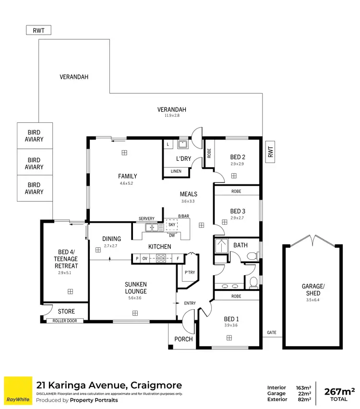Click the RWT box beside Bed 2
click(270, 152)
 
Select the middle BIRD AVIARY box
click(34, 164)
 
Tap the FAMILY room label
click(128, 176)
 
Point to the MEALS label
click(189, 194)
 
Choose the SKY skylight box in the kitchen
click(172, 225)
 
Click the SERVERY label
click(146, 219)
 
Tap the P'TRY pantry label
click(189, 273)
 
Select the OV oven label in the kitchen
click(144, 259)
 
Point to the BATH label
click(240, 245)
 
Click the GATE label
click(272, 333)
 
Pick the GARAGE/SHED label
click(313, 290)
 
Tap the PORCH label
click(183, 339)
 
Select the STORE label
click(66, 311)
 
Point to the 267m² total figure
click(339, 391)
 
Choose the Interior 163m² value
click(303, 387)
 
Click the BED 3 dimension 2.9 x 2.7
click(237, 218)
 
